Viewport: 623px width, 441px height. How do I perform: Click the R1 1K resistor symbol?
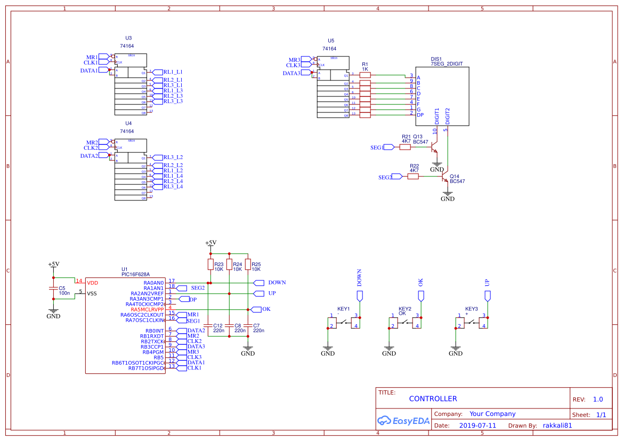365,76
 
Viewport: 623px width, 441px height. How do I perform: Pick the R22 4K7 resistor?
413,177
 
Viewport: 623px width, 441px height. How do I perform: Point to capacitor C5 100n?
53,288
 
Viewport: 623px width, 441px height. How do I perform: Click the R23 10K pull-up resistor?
210,264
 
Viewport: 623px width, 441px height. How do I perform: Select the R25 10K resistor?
248,264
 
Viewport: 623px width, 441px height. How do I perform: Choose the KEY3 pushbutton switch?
471,322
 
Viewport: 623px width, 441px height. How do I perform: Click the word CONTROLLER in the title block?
433,399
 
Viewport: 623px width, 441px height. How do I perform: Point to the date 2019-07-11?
477,426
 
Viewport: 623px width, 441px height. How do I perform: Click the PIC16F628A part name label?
135,275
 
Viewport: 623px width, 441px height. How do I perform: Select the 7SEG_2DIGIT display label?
447,63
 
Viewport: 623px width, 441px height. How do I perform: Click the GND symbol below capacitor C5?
53,312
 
